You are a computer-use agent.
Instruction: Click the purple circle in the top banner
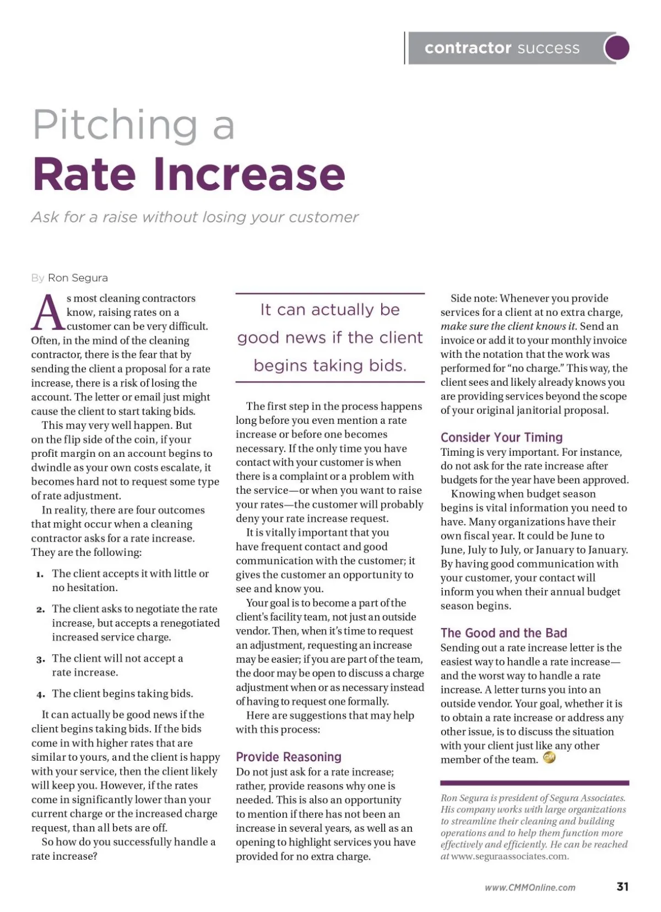tap(617, 48)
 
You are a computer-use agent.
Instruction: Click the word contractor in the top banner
tap(468, 48)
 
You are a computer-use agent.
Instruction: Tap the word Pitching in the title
tap(115, 124)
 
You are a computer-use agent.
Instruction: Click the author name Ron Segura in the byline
tap(78, 278)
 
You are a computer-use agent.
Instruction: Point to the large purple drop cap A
tap(47, 312)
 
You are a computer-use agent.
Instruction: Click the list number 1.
tap(40, 575)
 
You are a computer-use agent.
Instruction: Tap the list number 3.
tap(40, 659)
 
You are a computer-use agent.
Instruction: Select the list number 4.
tap(40, 694)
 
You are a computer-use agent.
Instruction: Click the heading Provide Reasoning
tap(289, 757)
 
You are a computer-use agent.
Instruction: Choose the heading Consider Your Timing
tap(501, 438)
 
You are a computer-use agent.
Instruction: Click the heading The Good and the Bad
tap(503, 633)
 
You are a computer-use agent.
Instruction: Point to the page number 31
tap(622, 887)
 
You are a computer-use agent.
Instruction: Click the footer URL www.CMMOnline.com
tap(530, 887)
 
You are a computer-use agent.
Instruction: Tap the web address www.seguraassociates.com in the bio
tap(510, 856)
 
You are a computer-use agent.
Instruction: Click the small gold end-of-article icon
tap(549, 758)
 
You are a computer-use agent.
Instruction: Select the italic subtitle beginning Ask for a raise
tap(195, 217)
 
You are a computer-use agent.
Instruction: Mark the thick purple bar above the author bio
tap(534, 783)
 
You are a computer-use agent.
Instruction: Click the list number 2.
tap(40, 610)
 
